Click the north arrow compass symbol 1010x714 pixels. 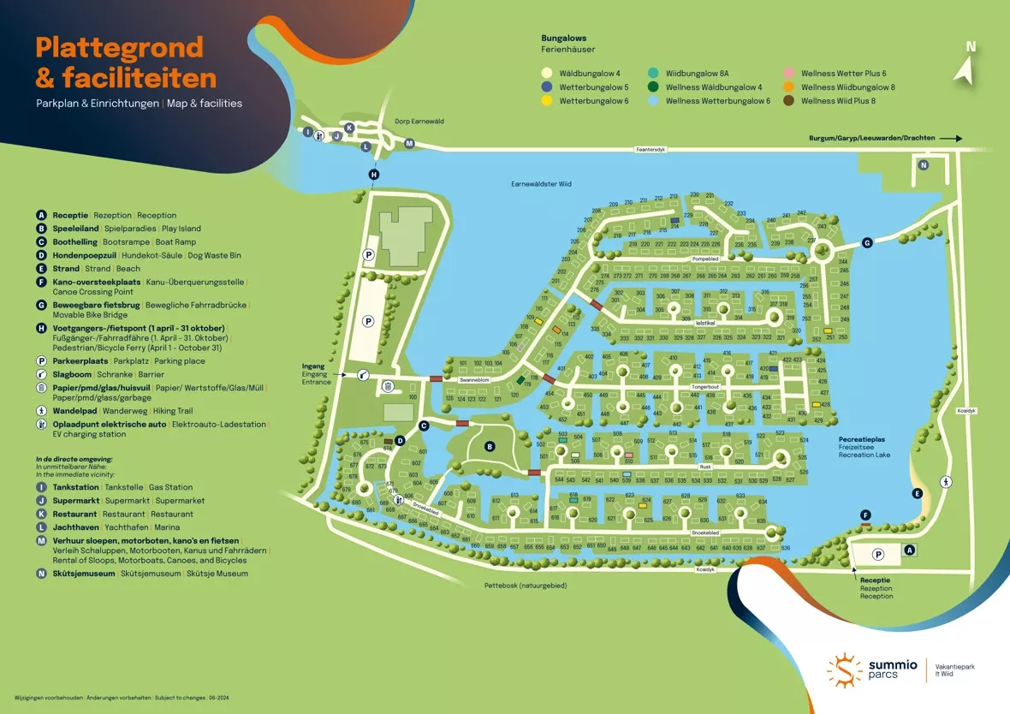(x=967, y=68)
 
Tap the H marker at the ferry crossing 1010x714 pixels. (x=374, y=175)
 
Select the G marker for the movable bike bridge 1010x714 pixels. (x=867, y=243)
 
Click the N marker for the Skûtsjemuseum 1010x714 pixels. (x=924, y=165)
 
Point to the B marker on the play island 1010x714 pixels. (x=490, y=446)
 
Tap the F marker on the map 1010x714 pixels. (x=865, y=515)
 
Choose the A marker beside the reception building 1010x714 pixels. (x=910, y=550)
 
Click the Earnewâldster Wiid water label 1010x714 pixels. (x=540, y=184)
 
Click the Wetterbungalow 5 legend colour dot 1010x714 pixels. (x=546, y=87)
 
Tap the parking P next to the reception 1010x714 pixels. (x=877, y=555)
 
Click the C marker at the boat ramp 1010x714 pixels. (x=423, y=425)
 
